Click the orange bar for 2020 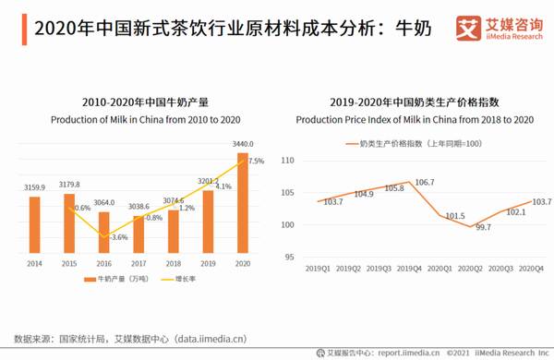(x=243, y=203)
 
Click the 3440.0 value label (x=243, y=144)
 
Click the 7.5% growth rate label (x=256, y=161)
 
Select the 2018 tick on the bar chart (x=174, y=263)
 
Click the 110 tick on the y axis (x=286, y=161)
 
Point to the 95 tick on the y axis (x=289, y=257)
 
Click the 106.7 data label (x=426, y=183)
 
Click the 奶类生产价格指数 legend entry (x=411, y=143)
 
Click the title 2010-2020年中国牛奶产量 (x=138, y=103)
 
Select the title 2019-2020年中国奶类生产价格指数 (x=415, y=103)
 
